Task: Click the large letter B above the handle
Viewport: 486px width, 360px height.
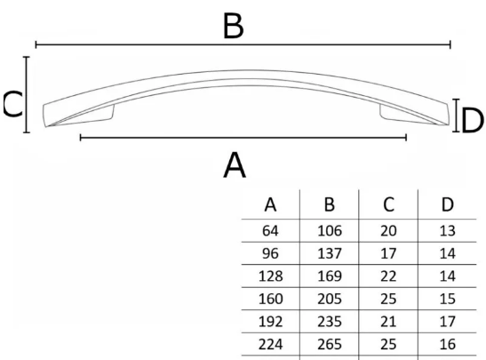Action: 234,26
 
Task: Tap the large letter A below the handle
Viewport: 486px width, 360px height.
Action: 235,165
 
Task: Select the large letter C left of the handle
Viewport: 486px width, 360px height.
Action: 12,105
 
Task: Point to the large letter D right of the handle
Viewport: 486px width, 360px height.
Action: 472,121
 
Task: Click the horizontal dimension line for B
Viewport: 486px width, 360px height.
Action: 243,44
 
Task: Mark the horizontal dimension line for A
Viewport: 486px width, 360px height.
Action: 243,137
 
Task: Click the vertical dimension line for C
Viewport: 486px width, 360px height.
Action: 27,94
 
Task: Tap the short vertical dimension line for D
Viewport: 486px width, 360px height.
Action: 456,116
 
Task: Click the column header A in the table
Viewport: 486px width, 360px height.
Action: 270,205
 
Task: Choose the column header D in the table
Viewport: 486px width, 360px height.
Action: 447,204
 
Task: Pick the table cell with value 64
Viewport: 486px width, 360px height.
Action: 270,231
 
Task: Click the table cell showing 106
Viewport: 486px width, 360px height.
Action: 330,231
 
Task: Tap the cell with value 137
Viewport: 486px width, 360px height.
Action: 330,253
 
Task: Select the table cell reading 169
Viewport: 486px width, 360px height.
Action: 330,276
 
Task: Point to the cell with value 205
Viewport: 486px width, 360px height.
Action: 330,299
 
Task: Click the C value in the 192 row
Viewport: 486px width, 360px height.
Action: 388,322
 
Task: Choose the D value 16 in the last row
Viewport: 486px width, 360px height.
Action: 447,344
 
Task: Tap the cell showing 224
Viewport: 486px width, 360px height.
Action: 270,344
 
